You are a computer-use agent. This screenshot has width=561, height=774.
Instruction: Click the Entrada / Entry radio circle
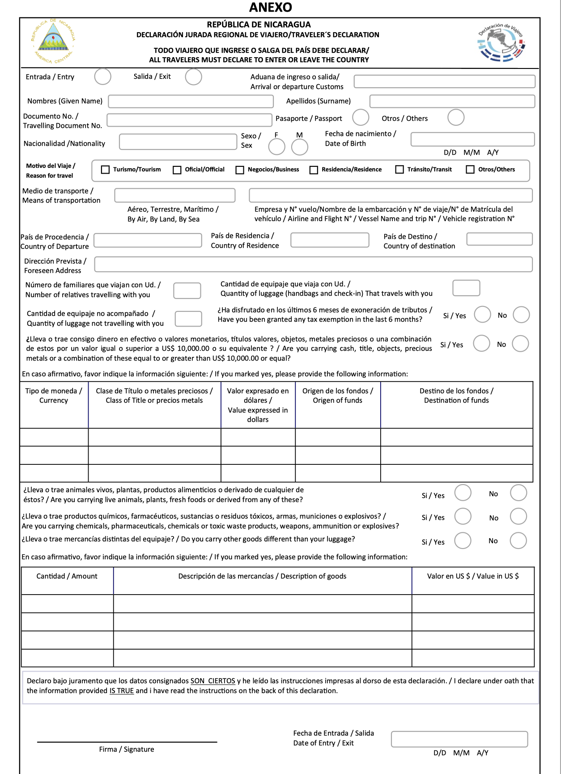click(102, 77)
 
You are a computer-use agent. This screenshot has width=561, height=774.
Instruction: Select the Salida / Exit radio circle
click(193, 77)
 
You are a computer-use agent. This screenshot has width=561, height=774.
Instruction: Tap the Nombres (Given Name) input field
click(191, 102)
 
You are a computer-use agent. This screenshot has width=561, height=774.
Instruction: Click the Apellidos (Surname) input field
click(452, 102)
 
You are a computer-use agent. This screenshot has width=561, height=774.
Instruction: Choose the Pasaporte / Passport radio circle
click(360, 118)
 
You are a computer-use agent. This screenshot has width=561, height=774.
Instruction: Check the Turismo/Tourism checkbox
click(106, 170)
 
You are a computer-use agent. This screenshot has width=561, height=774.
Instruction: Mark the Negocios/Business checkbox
click(240, 170)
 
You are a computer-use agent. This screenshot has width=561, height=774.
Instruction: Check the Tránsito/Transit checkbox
click(399, 170)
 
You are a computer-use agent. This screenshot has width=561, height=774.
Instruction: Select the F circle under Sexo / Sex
click(276, 147)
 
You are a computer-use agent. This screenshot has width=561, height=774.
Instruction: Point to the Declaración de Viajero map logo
click(501, 43)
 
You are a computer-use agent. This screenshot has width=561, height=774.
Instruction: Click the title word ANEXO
click(271, 8)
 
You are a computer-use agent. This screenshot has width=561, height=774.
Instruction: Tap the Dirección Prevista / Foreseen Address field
click(313, 264)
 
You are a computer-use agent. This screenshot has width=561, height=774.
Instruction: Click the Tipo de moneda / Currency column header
click(54, 396)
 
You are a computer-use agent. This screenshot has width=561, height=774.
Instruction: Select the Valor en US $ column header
click(473, 576)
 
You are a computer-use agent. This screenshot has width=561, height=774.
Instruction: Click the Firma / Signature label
click(127, 749)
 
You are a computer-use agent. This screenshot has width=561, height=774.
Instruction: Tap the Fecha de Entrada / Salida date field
click(459, 739)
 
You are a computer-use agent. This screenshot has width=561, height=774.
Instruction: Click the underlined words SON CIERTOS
click(212, 681)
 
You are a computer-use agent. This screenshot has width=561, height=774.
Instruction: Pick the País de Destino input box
click(499, 239)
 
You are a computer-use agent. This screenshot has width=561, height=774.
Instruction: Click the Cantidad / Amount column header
click(67, 576)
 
